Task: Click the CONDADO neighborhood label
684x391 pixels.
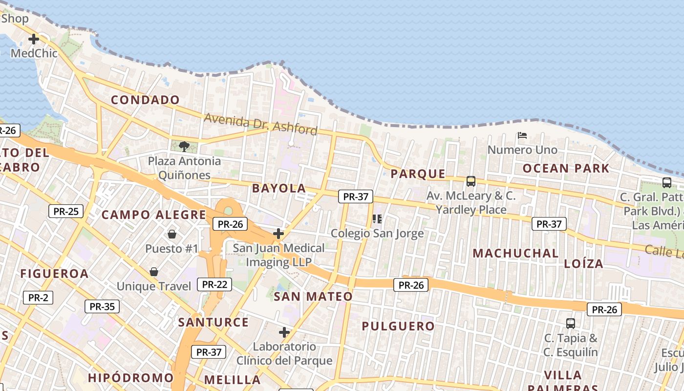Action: pos(145,100)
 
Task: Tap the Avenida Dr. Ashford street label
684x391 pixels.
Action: pos(260,124)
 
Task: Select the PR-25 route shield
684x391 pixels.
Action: pos(66,211)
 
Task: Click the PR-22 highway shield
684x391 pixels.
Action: pos(214,284)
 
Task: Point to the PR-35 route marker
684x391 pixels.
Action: pos(102,306)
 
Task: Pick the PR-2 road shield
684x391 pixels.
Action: pos(38,297)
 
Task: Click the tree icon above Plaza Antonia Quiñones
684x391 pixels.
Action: pos(184,146)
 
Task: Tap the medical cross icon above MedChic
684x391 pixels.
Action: pos(34,39)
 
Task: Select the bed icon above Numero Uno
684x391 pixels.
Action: pos(522,135)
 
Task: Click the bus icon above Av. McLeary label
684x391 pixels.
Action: pos(471,181)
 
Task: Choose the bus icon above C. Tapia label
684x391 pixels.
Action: pos(571,323)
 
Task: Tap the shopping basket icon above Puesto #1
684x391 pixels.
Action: pos(171,234)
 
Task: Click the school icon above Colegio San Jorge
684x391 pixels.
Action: pos(377,218)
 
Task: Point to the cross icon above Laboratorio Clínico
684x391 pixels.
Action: pos(284,332)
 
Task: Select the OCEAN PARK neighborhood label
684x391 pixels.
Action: pos(566,169)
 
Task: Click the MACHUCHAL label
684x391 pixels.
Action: pos(515,253)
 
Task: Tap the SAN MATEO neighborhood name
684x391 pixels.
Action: pos(313,297)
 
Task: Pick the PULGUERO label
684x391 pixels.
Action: pos(398,326)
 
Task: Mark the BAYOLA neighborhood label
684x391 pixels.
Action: pos(279,188)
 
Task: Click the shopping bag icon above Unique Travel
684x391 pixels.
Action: pos(154,272)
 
